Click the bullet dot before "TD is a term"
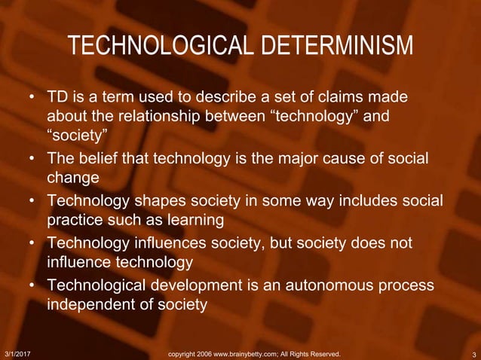(x=33, y=99)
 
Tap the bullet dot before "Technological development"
(x=33, y=286)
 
